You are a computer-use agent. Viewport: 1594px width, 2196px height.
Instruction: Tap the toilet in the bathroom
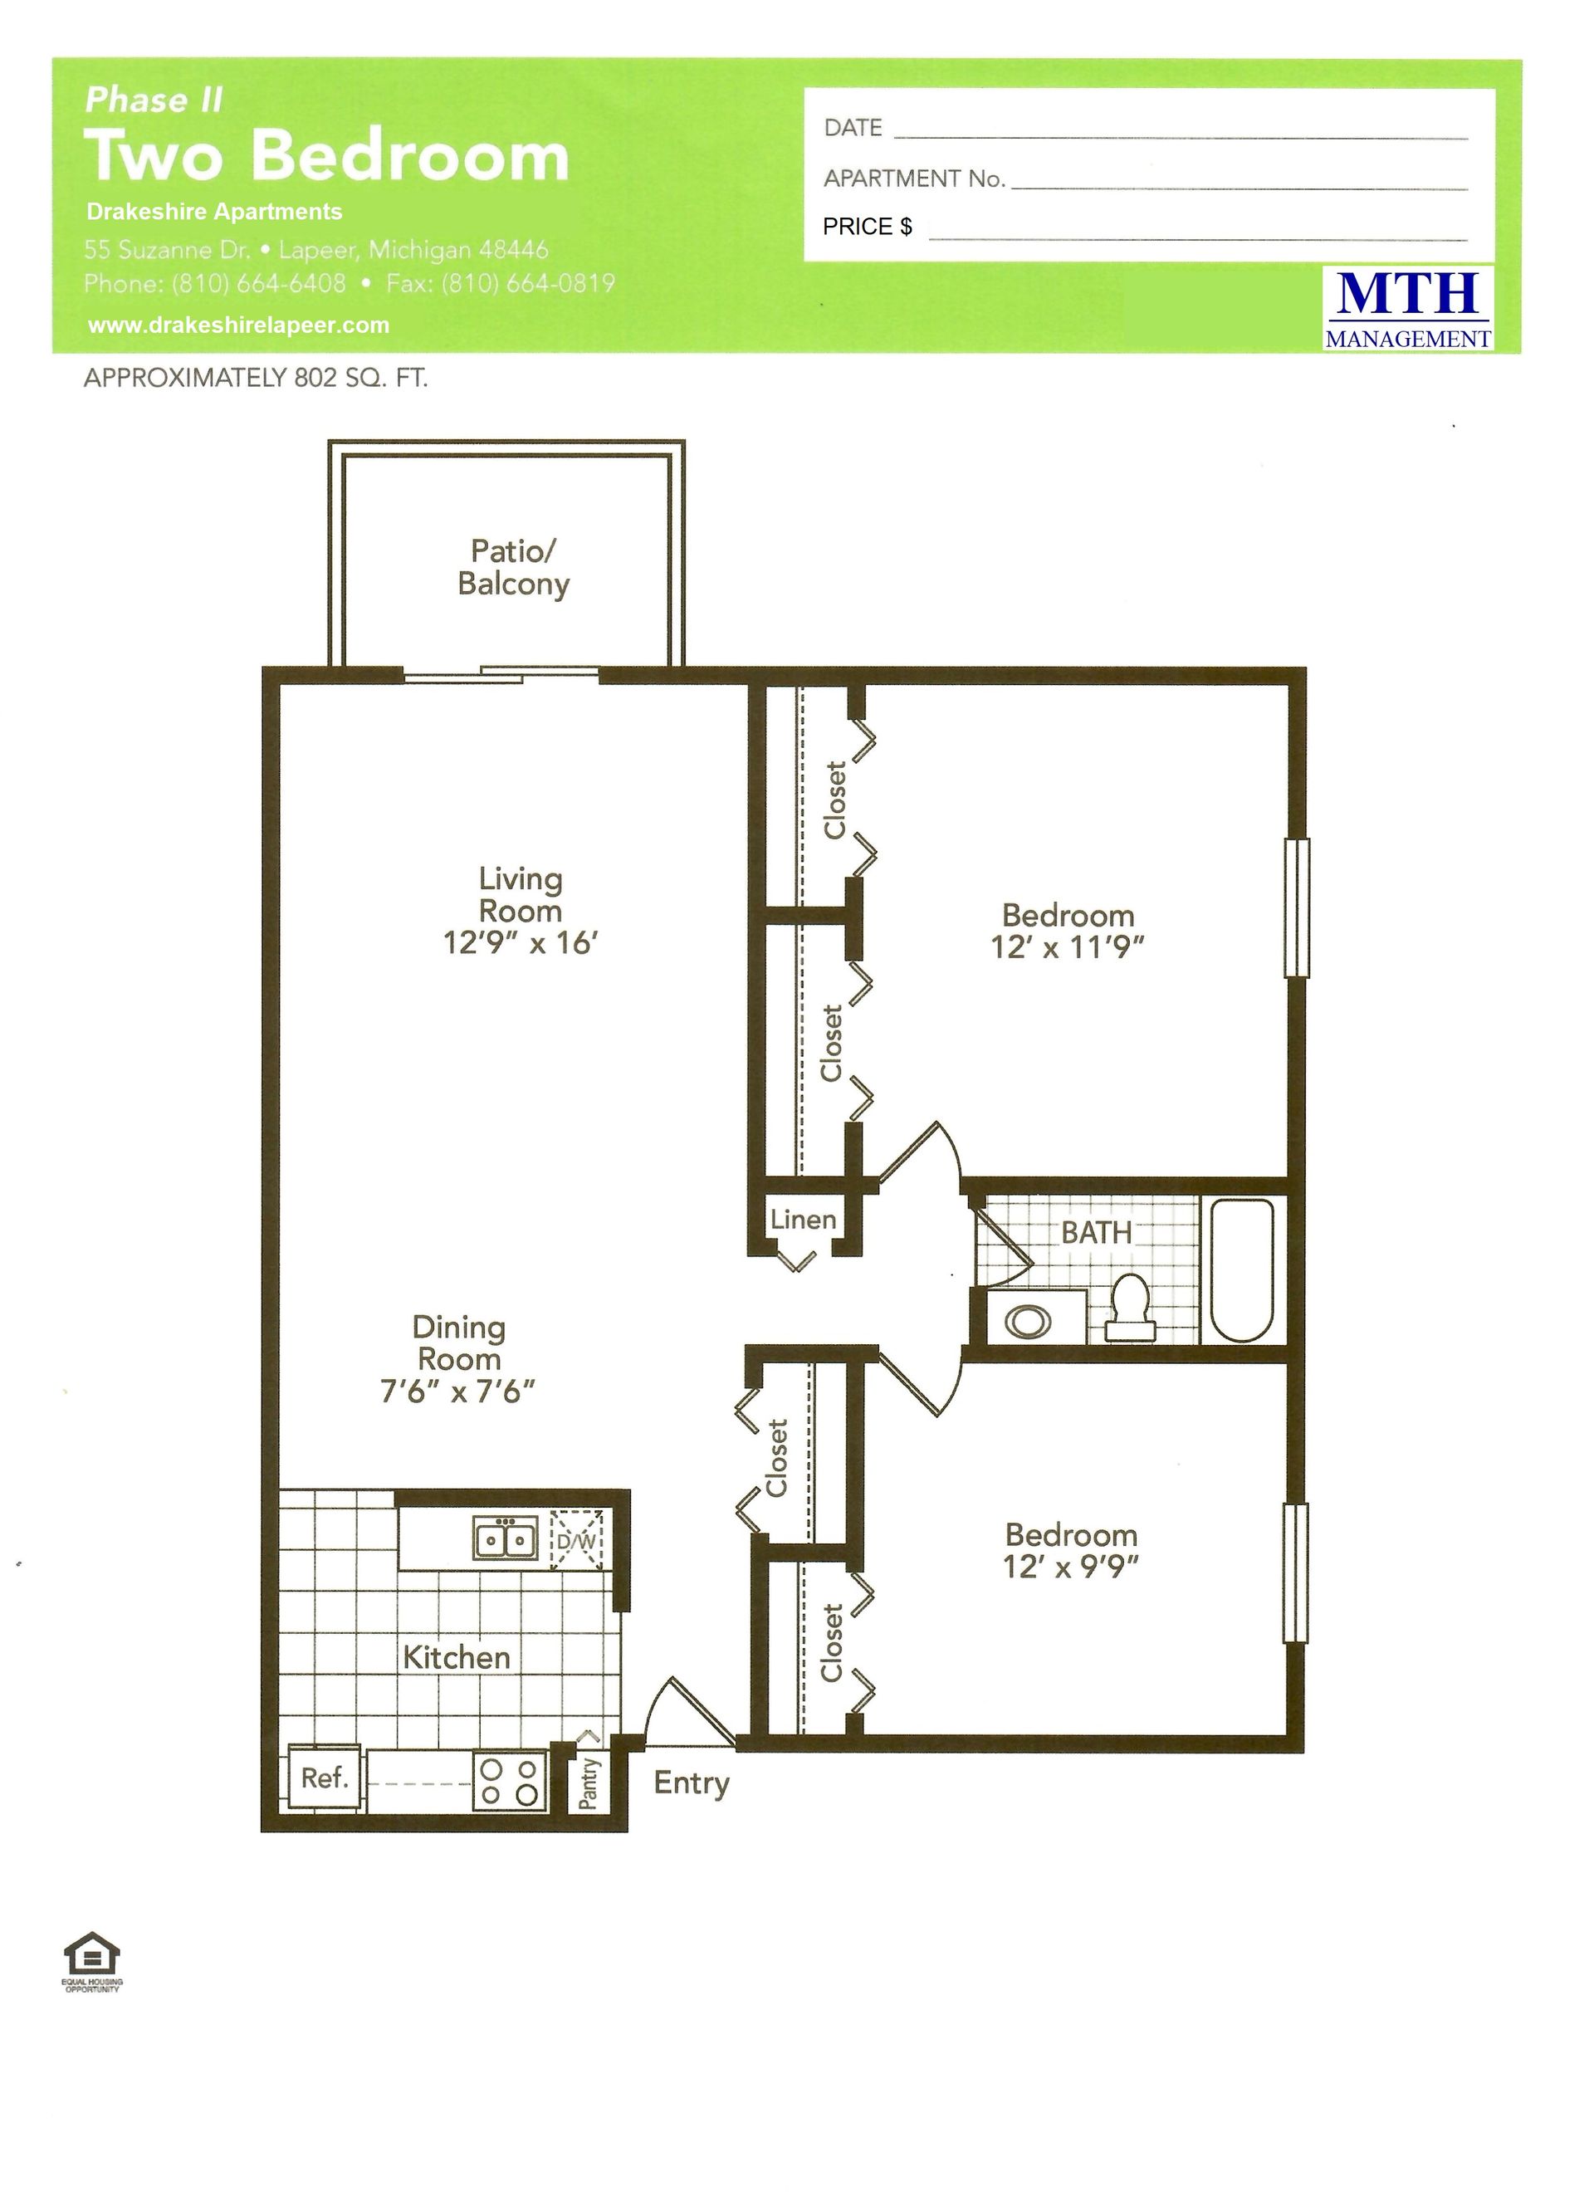tap(1130, 1307)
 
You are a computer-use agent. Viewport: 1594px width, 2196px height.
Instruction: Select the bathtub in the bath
tap(1241, 1269)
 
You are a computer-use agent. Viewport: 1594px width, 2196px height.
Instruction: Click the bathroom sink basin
tap(1028, 1321)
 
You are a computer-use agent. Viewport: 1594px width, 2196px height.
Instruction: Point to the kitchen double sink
tap(506, 1538)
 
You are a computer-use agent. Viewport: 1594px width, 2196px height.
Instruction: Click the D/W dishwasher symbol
tap(577, 1538)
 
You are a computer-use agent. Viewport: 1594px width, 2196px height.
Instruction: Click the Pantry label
tap(588, 1783)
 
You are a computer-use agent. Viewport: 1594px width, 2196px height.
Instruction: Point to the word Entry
tap(692, 1783)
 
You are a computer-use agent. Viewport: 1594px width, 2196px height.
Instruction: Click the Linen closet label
tap(803, 1219)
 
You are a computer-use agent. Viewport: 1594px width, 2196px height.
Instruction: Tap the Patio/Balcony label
tap(513, 567)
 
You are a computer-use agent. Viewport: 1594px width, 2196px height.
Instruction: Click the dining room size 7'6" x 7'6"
tap(458, 1391)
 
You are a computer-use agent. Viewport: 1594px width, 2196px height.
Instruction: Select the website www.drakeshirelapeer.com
tap(238, 325)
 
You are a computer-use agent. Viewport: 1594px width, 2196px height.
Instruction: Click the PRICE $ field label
tap(868, 227)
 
